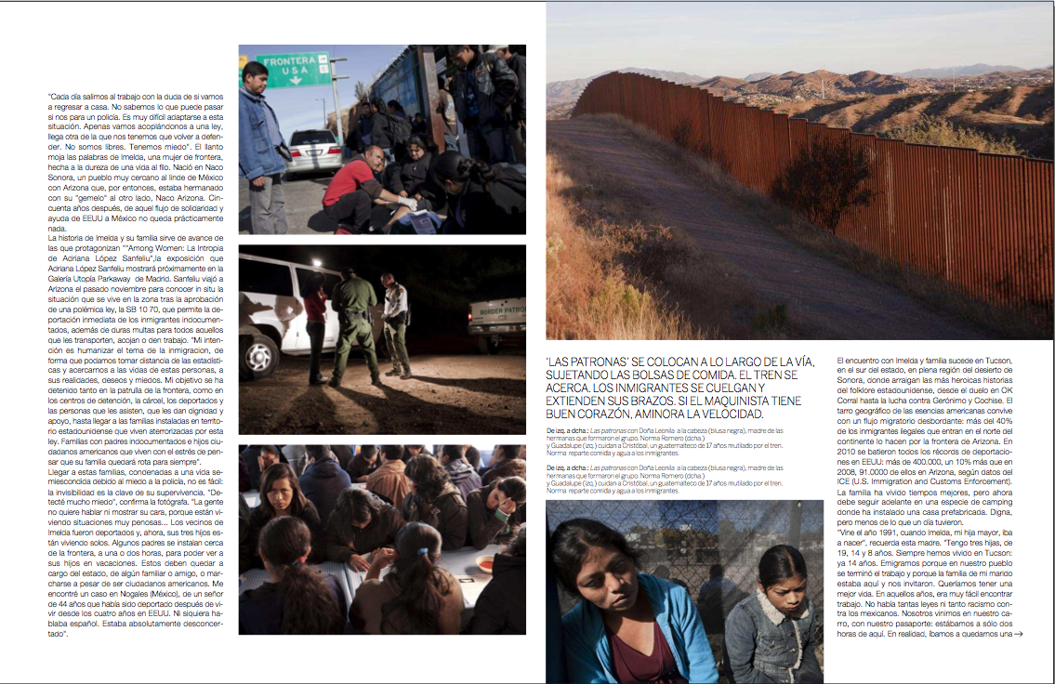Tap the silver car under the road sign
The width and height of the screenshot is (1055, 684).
[315, 152]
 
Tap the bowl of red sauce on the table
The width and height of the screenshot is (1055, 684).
[484, 562]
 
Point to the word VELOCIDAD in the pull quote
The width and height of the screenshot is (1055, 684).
[728, 414]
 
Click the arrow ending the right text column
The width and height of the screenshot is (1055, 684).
[1019, 634]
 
